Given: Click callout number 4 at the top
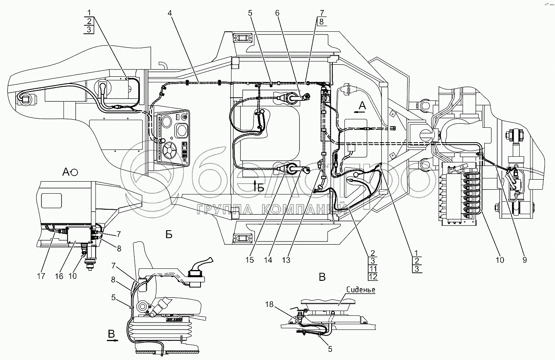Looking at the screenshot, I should (x=170, y=13).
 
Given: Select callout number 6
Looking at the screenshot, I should (x=277, y=13).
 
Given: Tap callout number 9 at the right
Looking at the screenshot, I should (x=524, y=260).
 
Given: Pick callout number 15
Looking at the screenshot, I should (x=250, y=260).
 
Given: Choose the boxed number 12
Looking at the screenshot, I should (x=373, y=276).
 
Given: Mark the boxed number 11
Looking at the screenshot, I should (x=373, y=268).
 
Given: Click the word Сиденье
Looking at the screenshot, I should (x=360, y=290).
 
